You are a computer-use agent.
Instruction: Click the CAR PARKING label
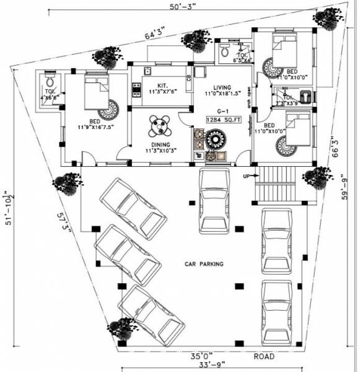pyautogui.click(x=204, y=263)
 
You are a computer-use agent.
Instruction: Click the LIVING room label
pyautogui.click(x=222, y=87)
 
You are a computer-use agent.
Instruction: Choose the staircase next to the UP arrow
pyautogui.click(x=274, y=184)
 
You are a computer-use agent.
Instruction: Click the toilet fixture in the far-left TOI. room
pyautogui.click(x=50, y=81)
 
